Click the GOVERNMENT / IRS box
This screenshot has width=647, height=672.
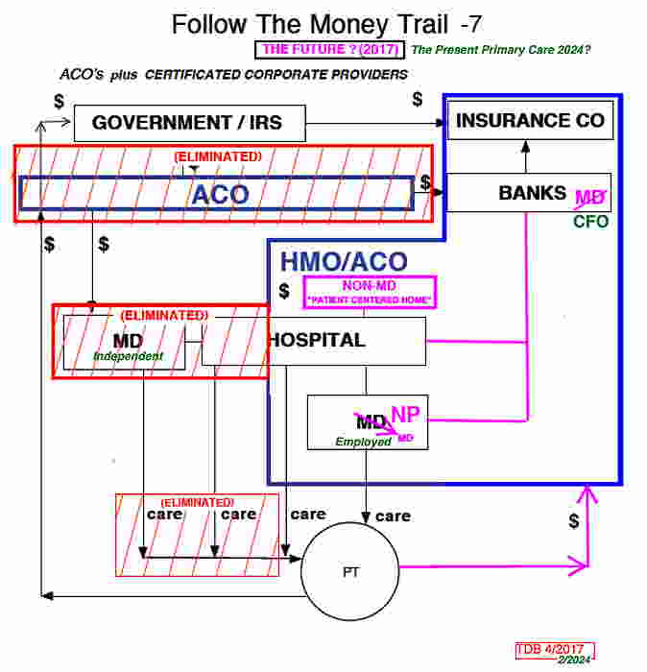(x=190, y=123)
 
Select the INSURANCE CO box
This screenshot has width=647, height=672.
(x=530, y=121)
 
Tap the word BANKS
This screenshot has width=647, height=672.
(x=532, y=193)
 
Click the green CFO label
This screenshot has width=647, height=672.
(x=591, y=222)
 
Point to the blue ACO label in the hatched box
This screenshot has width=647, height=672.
(x=220, y=195)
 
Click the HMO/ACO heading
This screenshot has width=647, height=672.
(x=343, y=261)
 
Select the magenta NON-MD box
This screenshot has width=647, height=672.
(x=370, y=291)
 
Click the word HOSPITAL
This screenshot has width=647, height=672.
(x=317, y=340)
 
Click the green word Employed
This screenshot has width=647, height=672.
(x=363, y=442)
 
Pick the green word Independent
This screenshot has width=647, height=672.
(x=128, y=356)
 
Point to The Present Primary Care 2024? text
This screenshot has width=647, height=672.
(x=500, y=50)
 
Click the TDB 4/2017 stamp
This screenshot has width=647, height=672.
(x=555, y=649)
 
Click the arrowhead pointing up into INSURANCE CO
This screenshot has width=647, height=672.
(x=525, y=146)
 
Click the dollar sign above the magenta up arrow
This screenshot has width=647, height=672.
(x=574, y=521)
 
